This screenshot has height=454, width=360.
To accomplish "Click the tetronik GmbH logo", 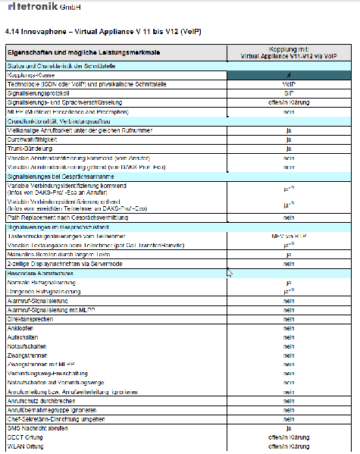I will pyautogui.click(x=33, y=8).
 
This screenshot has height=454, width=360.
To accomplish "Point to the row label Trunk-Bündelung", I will pyautogui.click(x=30, y=149).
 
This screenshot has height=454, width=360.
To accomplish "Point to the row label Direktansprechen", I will pyautogui.click(x=31, y=319).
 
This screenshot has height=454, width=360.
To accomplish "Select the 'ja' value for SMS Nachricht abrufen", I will pyautogui.click(x=288, y=428).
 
